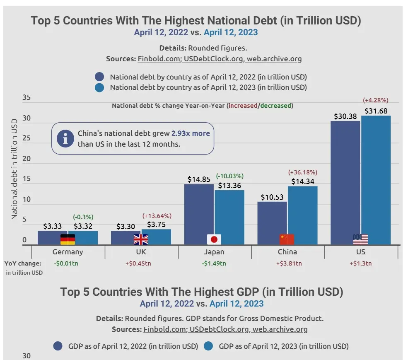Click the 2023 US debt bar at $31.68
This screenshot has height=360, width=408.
(376, 178)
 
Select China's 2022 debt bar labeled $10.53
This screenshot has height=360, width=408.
(272, 220)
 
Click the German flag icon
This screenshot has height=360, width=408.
(68, 239)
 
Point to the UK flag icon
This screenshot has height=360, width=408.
(141, 239)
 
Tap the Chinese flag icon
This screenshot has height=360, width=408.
(287, 239)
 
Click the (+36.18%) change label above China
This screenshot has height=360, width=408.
(302, 172)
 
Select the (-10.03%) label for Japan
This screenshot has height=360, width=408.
(229, 176)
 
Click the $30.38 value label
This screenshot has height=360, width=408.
(345, 116)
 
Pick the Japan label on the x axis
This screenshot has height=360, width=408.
(214, 252)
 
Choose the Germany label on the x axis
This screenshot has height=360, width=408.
(68, 252)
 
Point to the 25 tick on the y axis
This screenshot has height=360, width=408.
(27, 139)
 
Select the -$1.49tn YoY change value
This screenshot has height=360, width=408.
(214, 263)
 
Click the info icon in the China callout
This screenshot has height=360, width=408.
(65, 139)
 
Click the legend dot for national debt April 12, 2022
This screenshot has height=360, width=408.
(99, 77)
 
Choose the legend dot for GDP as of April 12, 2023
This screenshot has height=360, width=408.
(209, 346)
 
